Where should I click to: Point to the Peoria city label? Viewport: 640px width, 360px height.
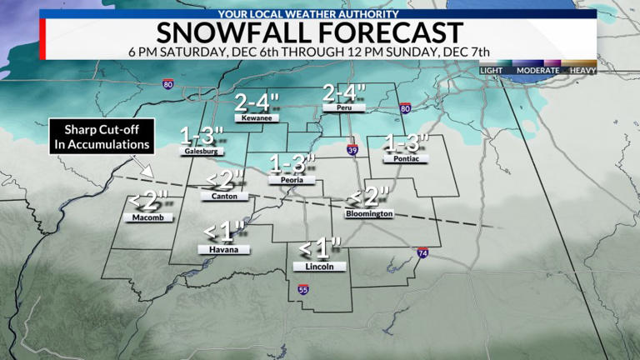pyautogui.click(x=287, y=179)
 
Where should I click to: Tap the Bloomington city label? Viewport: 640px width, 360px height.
pyautogui.click(x=368, y=214)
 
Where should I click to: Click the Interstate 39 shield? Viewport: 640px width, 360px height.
pyautogui.click(x=352, y=150)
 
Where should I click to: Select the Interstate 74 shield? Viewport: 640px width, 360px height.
pyautogui.click(x=423, y=252)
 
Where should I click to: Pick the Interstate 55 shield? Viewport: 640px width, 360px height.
pyautogui.click(x=302, y=290)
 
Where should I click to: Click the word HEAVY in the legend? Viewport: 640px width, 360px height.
pyautogui.click(x=582, y=71)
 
